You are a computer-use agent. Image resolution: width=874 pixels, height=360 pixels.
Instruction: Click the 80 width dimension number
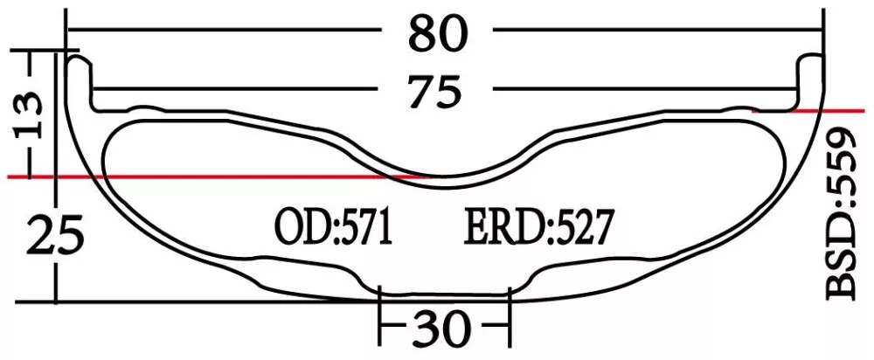click(439, 35)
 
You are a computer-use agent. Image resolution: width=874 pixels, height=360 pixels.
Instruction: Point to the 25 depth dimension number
click(48, 237)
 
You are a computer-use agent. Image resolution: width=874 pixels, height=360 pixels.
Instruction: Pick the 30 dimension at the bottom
click(442, 329)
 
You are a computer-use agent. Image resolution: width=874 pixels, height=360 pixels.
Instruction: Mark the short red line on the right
click(804, 111)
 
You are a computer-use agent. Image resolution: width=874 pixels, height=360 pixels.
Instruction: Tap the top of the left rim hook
click(80, 61)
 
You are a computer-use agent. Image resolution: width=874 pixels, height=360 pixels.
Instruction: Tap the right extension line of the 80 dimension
click(824, 26)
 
